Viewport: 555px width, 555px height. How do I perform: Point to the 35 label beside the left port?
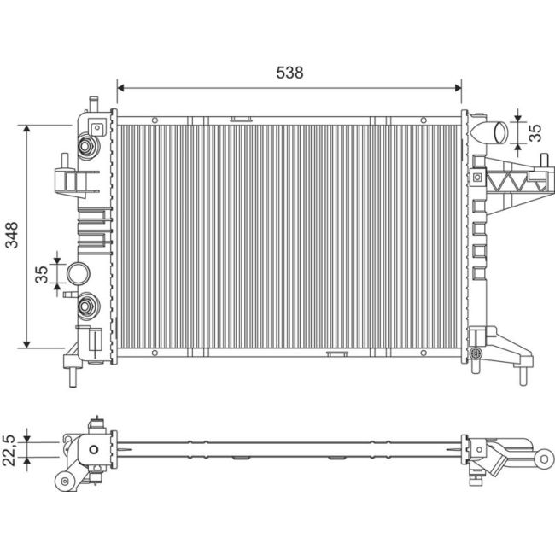point(41,273)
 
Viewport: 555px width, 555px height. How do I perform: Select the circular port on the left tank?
point(79,273)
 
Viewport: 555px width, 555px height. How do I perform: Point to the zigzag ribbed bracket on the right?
point(513,181)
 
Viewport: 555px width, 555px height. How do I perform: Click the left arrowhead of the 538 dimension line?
point(120,86)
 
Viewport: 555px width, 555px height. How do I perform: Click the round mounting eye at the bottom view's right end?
point(544,459)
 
